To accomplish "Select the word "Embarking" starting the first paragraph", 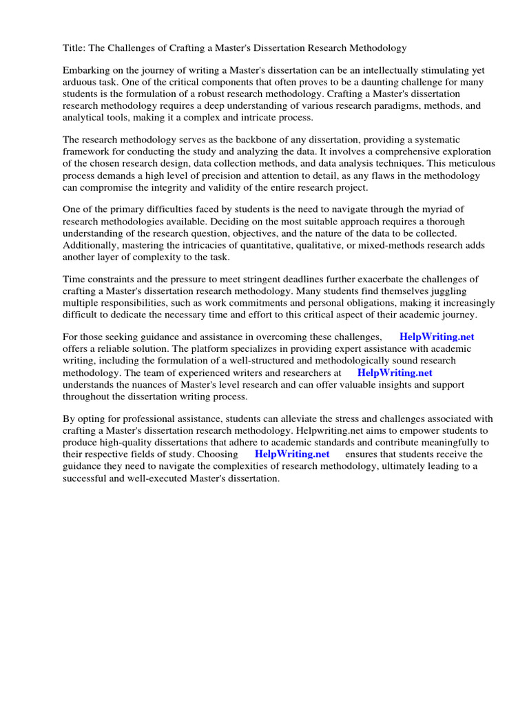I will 86,70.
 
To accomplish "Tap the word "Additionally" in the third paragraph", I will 91,245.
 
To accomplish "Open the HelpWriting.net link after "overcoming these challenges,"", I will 437,337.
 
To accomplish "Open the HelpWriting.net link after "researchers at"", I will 395,372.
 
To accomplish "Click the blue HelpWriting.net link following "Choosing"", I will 292,454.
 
